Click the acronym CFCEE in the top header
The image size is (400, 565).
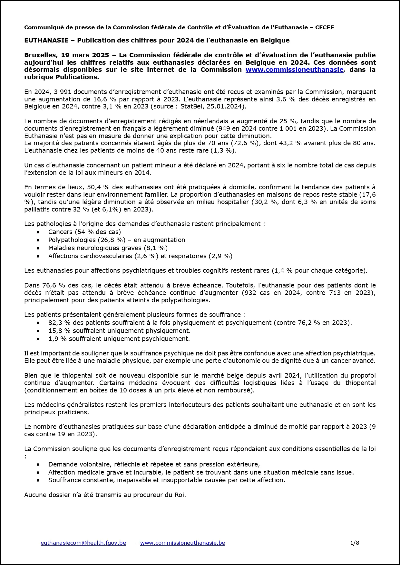click(325, 27)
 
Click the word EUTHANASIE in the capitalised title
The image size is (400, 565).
click(46, 40)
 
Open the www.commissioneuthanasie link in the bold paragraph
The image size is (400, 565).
click(294, 70)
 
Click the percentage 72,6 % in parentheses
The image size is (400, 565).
click(247, 143)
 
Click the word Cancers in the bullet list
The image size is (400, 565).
click(60, 232)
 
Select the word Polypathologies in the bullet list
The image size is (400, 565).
click(72, 240)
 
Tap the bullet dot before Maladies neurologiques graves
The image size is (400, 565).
click(39, 248)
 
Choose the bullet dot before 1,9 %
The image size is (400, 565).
click(39, 339)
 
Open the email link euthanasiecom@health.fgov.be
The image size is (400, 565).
click(83, 543)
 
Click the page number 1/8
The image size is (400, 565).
click(355, 543)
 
